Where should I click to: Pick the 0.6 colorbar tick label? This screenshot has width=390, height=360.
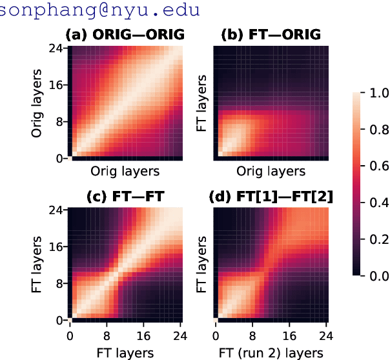pos(376,166)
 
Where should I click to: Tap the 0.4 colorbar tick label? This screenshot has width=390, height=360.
pos(376,203)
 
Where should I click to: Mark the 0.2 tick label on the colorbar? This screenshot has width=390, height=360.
pos(376,239)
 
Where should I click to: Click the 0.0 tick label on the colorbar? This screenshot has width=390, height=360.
pos(376,275)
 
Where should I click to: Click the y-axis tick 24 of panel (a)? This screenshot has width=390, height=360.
pos(56,49)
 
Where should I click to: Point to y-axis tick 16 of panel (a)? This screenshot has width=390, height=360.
pos(56,85)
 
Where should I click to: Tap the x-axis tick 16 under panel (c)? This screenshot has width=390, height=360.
pos(144,335)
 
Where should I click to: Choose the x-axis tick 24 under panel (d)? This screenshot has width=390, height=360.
pos(326,335)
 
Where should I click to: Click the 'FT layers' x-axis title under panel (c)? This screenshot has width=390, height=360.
pos(126,352)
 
